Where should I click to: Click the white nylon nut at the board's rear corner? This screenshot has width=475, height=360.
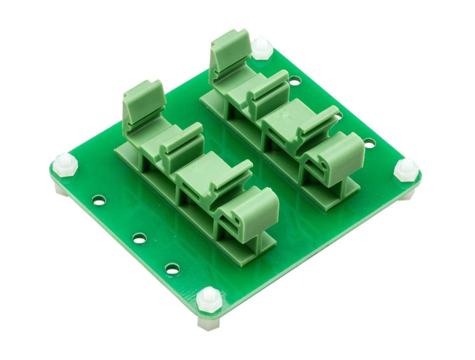point(262,48)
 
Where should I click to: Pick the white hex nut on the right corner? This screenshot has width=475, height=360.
point(406,169)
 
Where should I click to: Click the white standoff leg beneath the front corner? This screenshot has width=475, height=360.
point(209,324)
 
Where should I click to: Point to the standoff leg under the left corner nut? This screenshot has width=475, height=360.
point(61,190)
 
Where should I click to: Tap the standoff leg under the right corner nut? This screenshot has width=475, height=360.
point(408,195)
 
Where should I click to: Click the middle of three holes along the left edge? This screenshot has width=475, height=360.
point(140,238)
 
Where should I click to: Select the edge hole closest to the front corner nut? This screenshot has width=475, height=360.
point(172,268)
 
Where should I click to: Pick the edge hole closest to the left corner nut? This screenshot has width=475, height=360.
point(99,200)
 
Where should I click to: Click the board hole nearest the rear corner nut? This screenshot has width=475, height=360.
point(294,80)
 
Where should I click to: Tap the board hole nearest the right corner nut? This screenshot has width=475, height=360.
point(369,143)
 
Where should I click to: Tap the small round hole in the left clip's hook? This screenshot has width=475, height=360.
point(237,221)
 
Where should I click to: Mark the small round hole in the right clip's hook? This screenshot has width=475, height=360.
point(324,165)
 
